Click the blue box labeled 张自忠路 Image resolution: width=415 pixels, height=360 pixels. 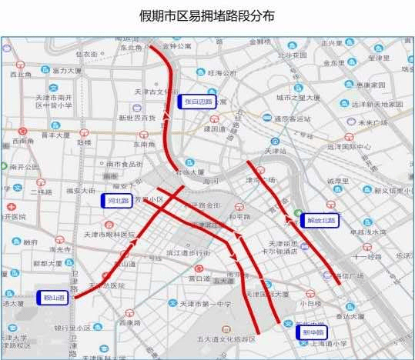[x=197, y=102]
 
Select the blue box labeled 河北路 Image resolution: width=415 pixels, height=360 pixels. [x=117, y=201]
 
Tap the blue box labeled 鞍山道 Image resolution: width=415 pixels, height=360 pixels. [x=53, y=296]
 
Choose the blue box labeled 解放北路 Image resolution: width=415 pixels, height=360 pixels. [x=318, y=220]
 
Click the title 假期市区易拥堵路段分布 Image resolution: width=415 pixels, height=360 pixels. [x=206, y=15]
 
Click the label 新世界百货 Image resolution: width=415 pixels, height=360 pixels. [x=137, y=118]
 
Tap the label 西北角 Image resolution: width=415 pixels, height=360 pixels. [x=19, y=75]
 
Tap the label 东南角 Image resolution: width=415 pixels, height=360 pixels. [x=144, y=144]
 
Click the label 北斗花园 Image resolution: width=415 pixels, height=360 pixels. [x=292, y=55]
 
